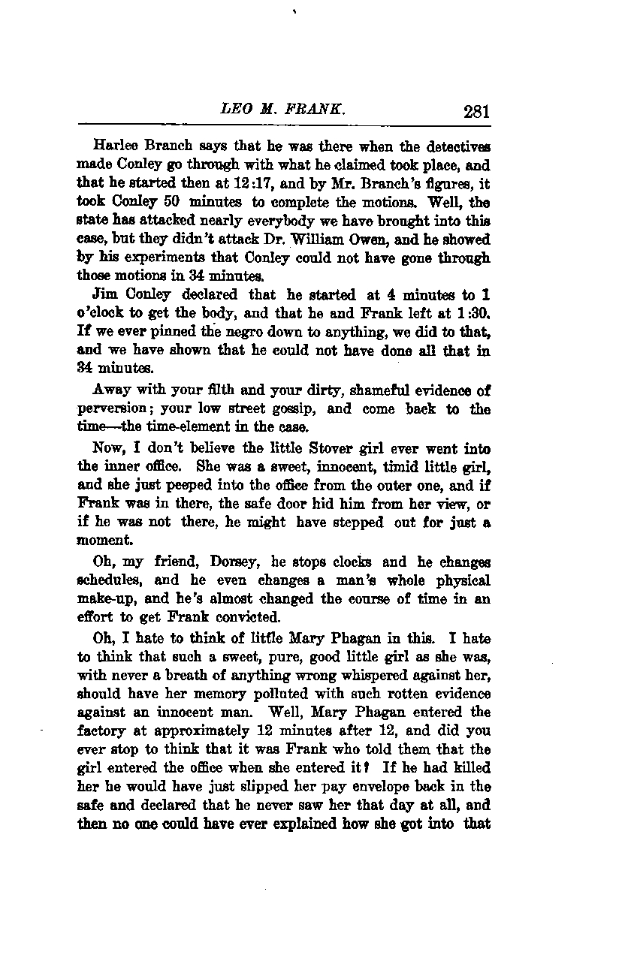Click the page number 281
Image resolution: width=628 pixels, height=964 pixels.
[x=476, y=112]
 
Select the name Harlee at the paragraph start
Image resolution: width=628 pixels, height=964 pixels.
[x=113, y=143]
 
